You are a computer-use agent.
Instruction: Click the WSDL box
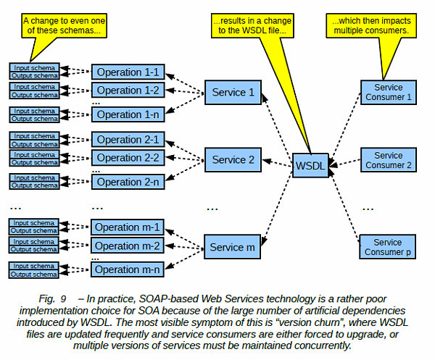click(x=310, y=165)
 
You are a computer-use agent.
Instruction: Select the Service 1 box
click(x=232, y=93)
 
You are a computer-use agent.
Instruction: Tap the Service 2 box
click(x=232, y=159)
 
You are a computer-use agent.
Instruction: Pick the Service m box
click(x=232, y=247)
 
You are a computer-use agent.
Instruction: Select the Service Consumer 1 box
click(x=388, y=92)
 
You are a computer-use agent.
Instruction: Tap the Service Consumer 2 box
click(x=388, y=160)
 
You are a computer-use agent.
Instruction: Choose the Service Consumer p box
click(x=388, y=247)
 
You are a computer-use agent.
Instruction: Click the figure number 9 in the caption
click(x=63, y=298)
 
